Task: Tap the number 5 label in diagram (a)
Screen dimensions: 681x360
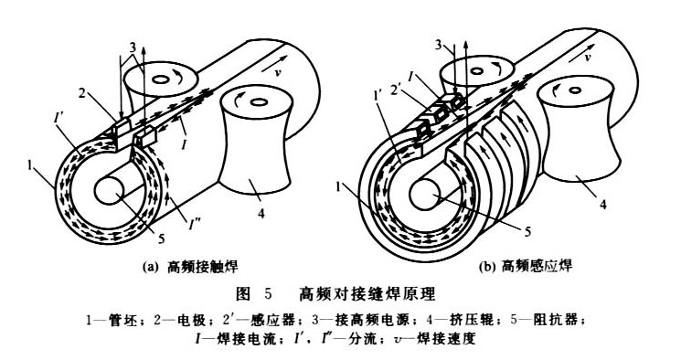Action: pos(161,238)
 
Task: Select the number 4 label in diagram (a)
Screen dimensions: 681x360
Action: pos(261,214)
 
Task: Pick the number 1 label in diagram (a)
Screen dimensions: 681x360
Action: pos(30,166)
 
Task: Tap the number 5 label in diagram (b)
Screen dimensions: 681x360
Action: pos(527,232)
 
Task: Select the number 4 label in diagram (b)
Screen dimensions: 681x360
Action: pos(603,204)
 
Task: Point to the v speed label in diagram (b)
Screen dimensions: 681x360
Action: pos(588,57)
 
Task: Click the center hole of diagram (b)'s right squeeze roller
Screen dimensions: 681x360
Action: pos(575,90)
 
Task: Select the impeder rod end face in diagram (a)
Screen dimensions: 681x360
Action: pos(110,192)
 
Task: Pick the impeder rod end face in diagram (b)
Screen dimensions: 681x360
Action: pos(424,196)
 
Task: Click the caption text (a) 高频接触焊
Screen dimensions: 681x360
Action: pos(191,266)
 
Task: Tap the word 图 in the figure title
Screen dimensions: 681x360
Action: pos(244,294)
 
